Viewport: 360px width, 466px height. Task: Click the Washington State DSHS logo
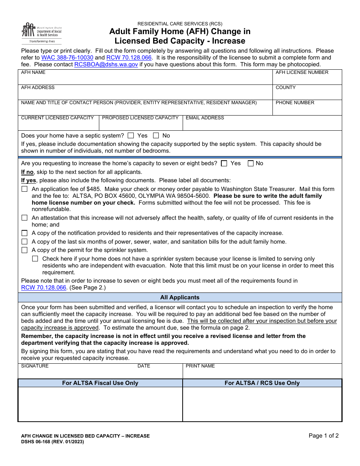41,33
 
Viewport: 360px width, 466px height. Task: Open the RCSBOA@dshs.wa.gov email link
106,64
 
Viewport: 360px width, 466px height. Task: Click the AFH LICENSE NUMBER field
307,79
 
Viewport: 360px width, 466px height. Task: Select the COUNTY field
307,94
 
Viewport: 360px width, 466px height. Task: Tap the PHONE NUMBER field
307,109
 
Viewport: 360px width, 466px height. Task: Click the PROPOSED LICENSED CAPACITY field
141,125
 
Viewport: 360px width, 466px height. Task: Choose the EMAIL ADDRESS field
262,125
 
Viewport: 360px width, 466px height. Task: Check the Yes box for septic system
131,135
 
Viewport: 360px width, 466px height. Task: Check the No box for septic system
156,135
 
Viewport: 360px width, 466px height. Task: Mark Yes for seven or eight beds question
224,163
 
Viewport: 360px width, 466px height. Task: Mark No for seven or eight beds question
250,163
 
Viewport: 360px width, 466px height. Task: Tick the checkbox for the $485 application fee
25,189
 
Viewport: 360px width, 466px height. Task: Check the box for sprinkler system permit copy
25,250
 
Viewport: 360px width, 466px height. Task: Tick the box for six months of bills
25,241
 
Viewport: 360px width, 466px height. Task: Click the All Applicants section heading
180,297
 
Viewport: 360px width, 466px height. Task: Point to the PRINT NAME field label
200,366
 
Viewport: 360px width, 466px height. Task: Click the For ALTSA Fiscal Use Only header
100,383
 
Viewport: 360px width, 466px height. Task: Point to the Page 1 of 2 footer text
324,436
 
